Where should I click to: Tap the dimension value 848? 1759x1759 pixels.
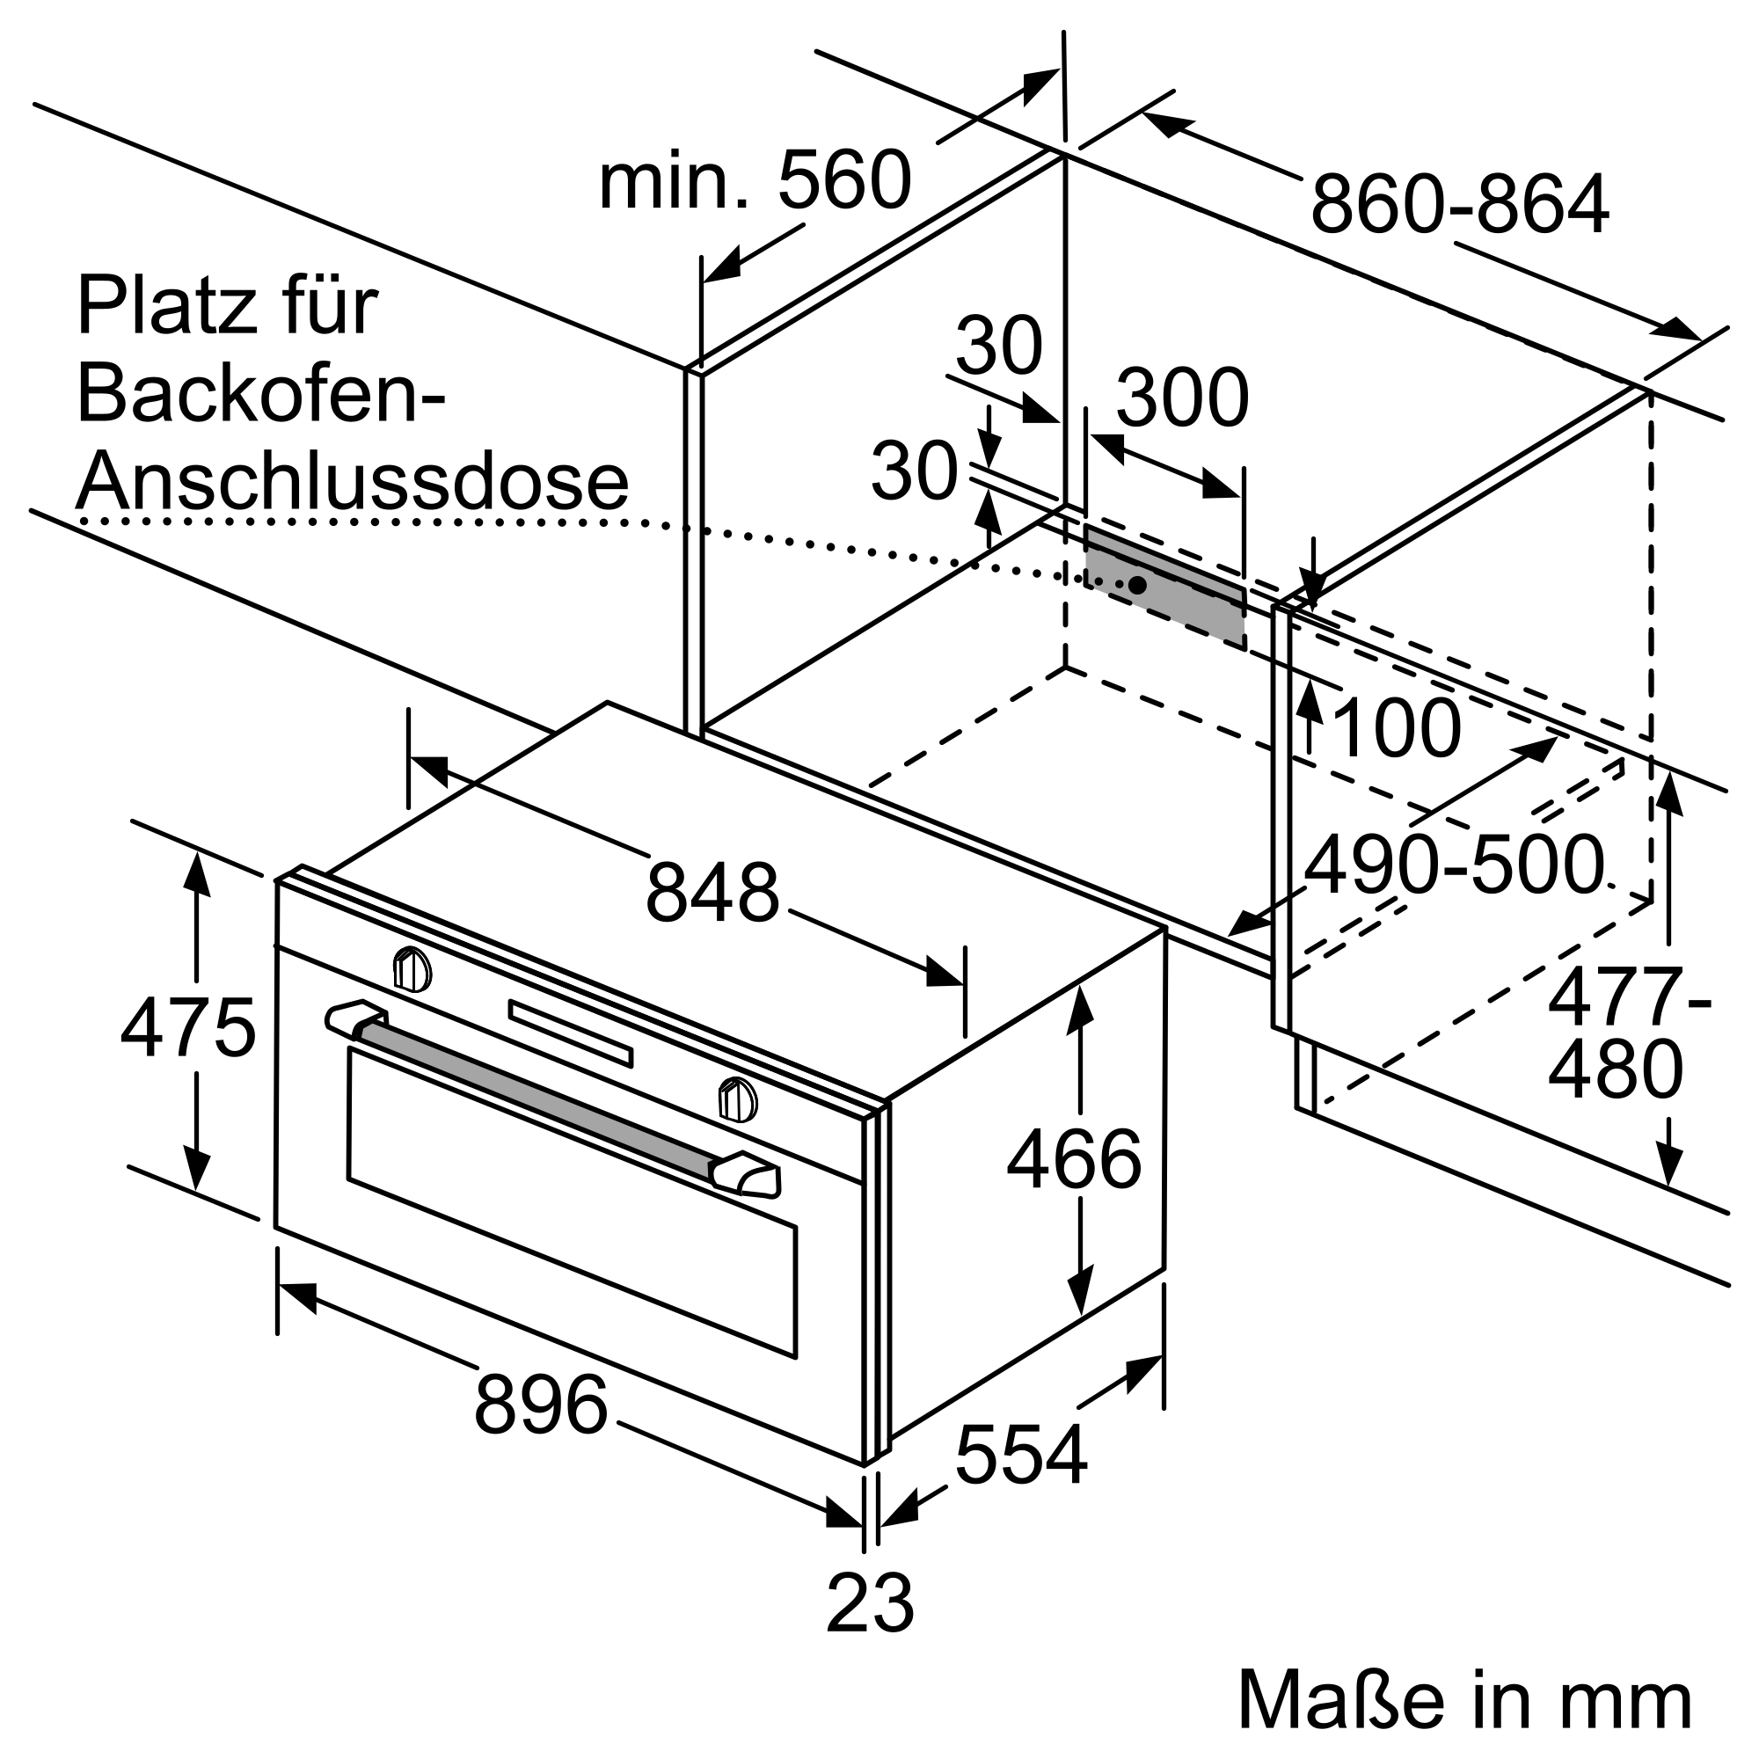712,894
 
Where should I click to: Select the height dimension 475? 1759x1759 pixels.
187,1029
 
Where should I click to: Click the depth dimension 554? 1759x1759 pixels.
1020,1454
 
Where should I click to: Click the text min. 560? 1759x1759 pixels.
754,180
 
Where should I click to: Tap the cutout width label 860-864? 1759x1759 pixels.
1459,205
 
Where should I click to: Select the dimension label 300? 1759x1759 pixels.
1182,398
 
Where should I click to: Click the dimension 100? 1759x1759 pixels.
1395,728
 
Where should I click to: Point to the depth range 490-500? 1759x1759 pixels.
1454,865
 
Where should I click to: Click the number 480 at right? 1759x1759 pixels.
1614,1070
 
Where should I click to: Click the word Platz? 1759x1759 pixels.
164,307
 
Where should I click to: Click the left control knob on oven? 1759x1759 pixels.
412,968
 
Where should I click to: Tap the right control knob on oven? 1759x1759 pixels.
738,1098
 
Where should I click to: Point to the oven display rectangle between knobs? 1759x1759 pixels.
570,1033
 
